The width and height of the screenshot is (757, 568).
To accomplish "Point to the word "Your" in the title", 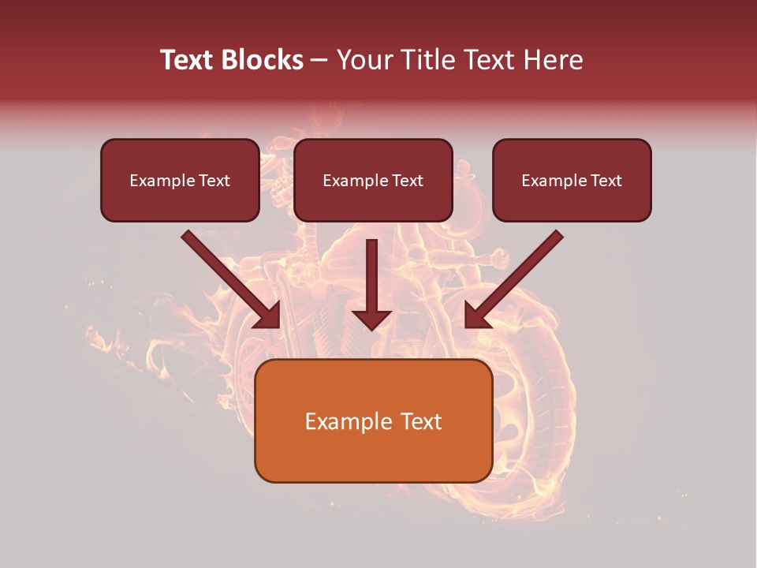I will coord(364,60).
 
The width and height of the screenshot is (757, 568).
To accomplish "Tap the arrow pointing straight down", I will coord(372,276).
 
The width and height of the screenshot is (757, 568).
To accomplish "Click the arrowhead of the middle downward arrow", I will coord(372,319).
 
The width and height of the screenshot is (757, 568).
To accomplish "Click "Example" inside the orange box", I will coord(341,421).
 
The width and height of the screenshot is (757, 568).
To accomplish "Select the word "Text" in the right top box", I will coord(606,181).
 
